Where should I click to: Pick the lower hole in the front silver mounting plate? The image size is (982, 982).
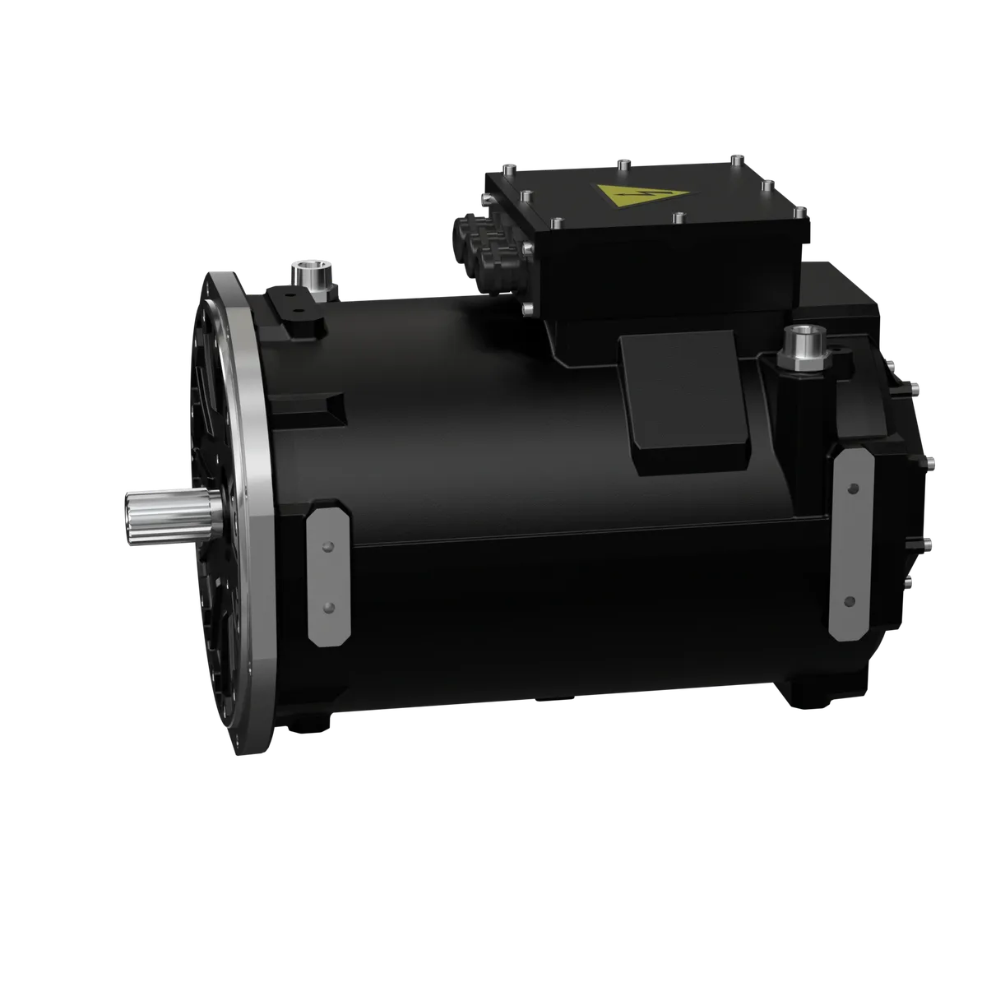pos(329,607)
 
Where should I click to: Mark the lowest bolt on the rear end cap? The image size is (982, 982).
pos(910,580)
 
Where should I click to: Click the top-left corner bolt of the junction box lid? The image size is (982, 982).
pos(509,169)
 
